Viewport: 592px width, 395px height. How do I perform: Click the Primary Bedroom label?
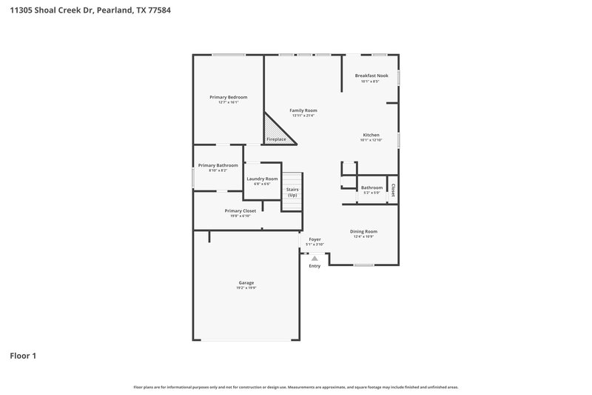click(x=228, y=97)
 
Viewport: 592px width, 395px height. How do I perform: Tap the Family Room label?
click(x=303, y=110)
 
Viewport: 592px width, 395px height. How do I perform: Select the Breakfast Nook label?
click(x=371, y=76)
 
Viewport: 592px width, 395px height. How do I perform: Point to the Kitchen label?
click(x=371, y=135)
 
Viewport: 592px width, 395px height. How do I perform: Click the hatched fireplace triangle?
click(x=277, y=131)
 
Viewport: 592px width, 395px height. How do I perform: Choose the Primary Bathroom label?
click(x=218, y=165)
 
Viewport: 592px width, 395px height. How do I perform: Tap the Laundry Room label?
click(x=262, y=179)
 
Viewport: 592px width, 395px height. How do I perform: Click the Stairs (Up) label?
click(x=292, y=192)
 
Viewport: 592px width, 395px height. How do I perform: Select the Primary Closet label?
click(x=240, y=210)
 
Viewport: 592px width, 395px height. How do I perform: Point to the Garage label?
click(x=246, y=282)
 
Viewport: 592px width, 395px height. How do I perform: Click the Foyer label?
click(x=314, y=239)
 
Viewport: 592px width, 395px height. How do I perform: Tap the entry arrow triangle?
click(x=314, y=258)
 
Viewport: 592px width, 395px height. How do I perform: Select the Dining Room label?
click(x=363, y=231)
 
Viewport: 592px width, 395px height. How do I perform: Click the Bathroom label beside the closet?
click(x=371, y=187)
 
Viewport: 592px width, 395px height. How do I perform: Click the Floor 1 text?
click(x=23, y=356)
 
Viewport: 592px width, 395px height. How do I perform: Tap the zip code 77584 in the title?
click(x=149, y=10)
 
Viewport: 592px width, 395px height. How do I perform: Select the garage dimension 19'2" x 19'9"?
click(x=246, y=288)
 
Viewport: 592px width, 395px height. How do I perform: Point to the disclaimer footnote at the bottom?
click(x=296, y=387)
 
